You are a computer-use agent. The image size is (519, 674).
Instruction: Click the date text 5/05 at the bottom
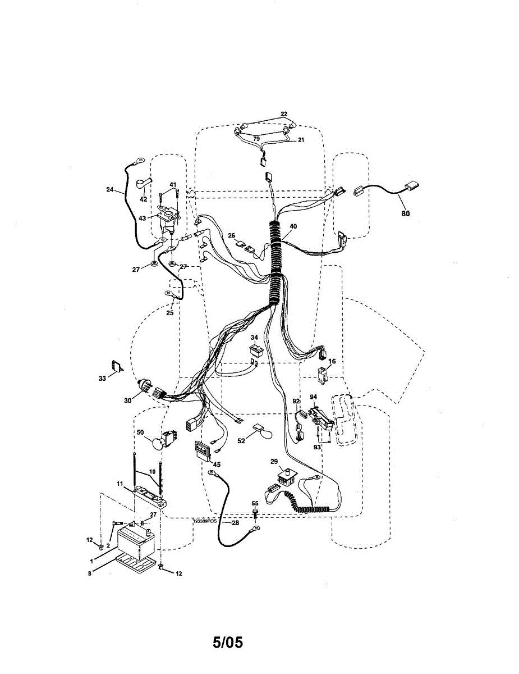click(227, 642)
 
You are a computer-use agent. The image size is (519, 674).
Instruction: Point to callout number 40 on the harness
click(293, 226)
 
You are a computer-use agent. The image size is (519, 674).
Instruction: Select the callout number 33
click(102, 379)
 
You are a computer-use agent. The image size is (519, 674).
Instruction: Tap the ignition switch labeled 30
click(147, 388)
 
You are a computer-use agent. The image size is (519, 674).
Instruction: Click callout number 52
click(241, 441)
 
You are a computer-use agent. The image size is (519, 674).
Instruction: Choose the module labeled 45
click(201, 450)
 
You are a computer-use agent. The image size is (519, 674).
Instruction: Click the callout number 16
click(332, 362)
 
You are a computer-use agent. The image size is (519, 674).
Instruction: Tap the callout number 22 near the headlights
click(284, 114)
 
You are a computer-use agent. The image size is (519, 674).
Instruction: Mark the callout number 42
click(143, 199)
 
